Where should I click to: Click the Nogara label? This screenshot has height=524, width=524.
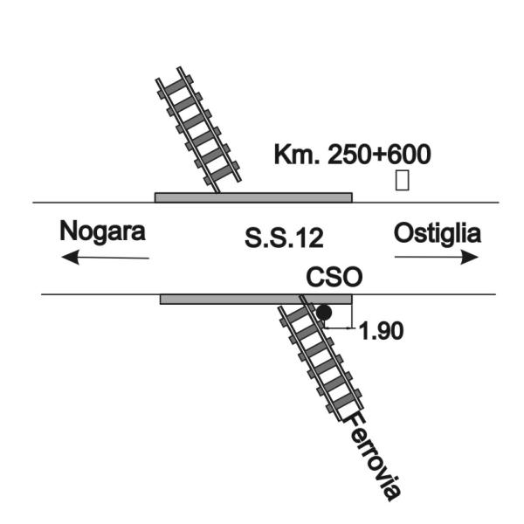tap(102, 231)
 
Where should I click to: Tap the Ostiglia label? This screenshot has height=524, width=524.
tap(438, 233)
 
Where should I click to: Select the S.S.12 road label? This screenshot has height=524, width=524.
tap(284, 238)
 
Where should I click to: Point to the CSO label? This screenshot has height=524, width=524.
tap(334, 277)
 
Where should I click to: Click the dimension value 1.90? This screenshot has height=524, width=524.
tap(381, 331)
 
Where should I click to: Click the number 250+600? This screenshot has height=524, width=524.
tap(379, 155)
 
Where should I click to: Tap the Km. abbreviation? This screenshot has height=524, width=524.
tap(297, 155)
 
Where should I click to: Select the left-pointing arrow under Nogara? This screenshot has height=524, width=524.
tap(106, 258)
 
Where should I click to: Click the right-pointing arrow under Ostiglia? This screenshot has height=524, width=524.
tap(437, 257)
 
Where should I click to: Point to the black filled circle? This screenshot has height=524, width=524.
tap(324, 313)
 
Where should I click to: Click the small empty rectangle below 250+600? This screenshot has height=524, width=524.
tap(402, 181)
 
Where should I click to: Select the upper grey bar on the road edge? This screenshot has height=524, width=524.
tap(253, 197)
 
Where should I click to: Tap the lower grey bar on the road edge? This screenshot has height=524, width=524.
tap(256, 299)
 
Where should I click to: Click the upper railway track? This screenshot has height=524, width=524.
tap(198, 130)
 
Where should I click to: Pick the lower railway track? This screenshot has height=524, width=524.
tap(321, 357)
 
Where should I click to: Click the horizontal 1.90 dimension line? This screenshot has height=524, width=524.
tap(338, 328)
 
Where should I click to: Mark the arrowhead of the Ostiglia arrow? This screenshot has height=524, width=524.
tap(470, 257)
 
